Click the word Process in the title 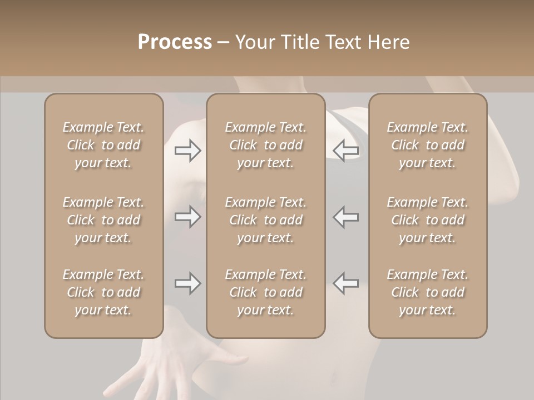tap(175, 42)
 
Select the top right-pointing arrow tap(188, 151)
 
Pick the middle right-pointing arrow tap(188, 217)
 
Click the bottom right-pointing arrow tap(188, 283)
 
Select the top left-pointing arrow tap(346, 151)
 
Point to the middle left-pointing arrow tap(346, 217)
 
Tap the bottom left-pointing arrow tap(346, 283)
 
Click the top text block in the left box tap(103, 145)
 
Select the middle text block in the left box tap(103, 220)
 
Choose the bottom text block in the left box tap(103, 292)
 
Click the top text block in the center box tap(266, 145)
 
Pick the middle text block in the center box tap(266, 220)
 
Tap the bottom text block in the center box tap(266, 292)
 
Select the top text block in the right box tap(428, 145)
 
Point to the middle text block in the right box tap(428, 220)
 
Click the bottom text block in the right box tap(428, 292)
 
